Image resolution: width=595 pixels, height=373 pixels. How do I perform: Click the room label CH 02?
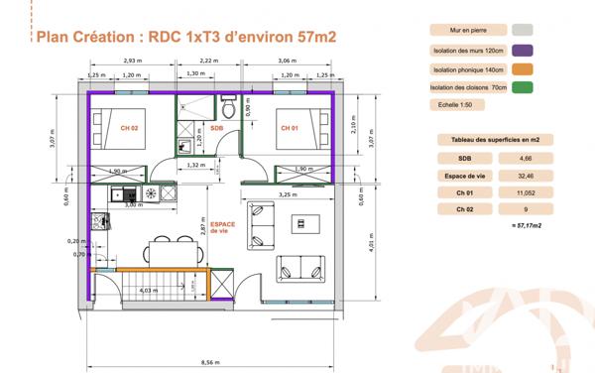129,128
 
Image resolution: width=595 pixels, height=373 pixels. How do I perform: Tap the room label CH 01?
289,128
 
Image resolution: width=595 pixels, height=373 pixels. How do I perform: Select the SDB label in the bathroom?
216,128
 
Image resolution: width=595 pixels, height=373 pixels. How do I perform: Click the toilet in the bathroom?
228,104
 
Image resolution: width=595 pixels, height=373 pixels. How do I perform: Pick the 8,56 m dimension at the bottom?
210,363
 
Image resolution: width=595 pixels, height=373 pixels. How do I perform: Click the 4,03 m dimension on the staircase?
150,290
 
